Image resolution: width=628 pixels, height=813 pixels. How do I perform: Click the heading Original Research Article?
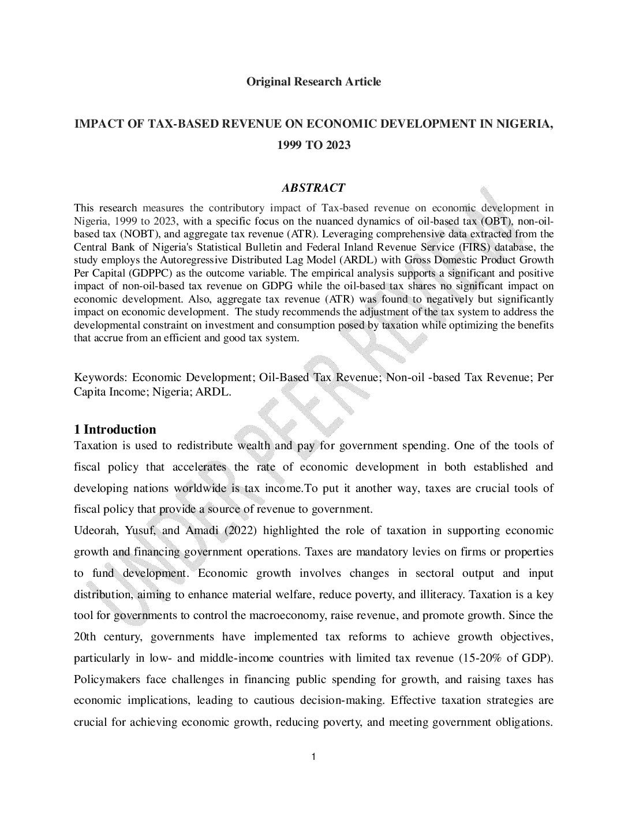[x=313, y=81]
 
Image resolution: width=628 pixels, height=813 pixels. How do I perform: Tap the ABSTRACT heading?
[x=313, y=188]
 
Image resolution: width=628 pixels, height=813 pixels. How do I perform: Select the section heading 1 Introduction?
[x=115, y=429]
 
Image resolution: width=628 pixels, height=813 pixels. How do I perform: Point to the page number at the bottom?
[x=313, y=757]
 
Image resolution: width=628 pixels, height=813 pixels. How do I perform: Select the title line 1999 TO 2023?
[x=313, y=145]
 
